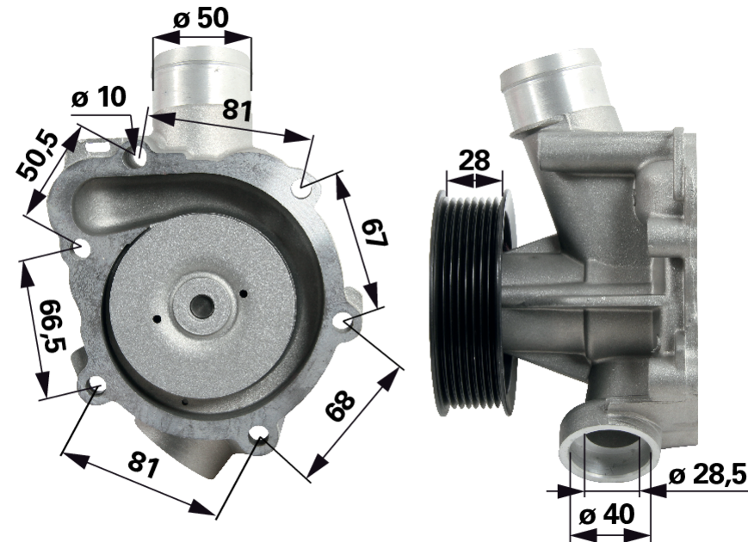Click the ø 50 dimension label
point(201,19)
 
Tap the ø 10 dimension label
point(99,97)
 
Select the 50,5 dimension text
point(37,157)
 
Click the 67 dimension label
point(374,233)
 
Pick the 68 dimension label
point(341,406)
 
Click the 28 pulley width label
point(474,160)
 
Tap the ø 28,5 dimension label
point(708,475)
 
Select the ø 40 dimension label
point(607,514)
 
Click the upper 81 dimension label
point(237,110)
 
